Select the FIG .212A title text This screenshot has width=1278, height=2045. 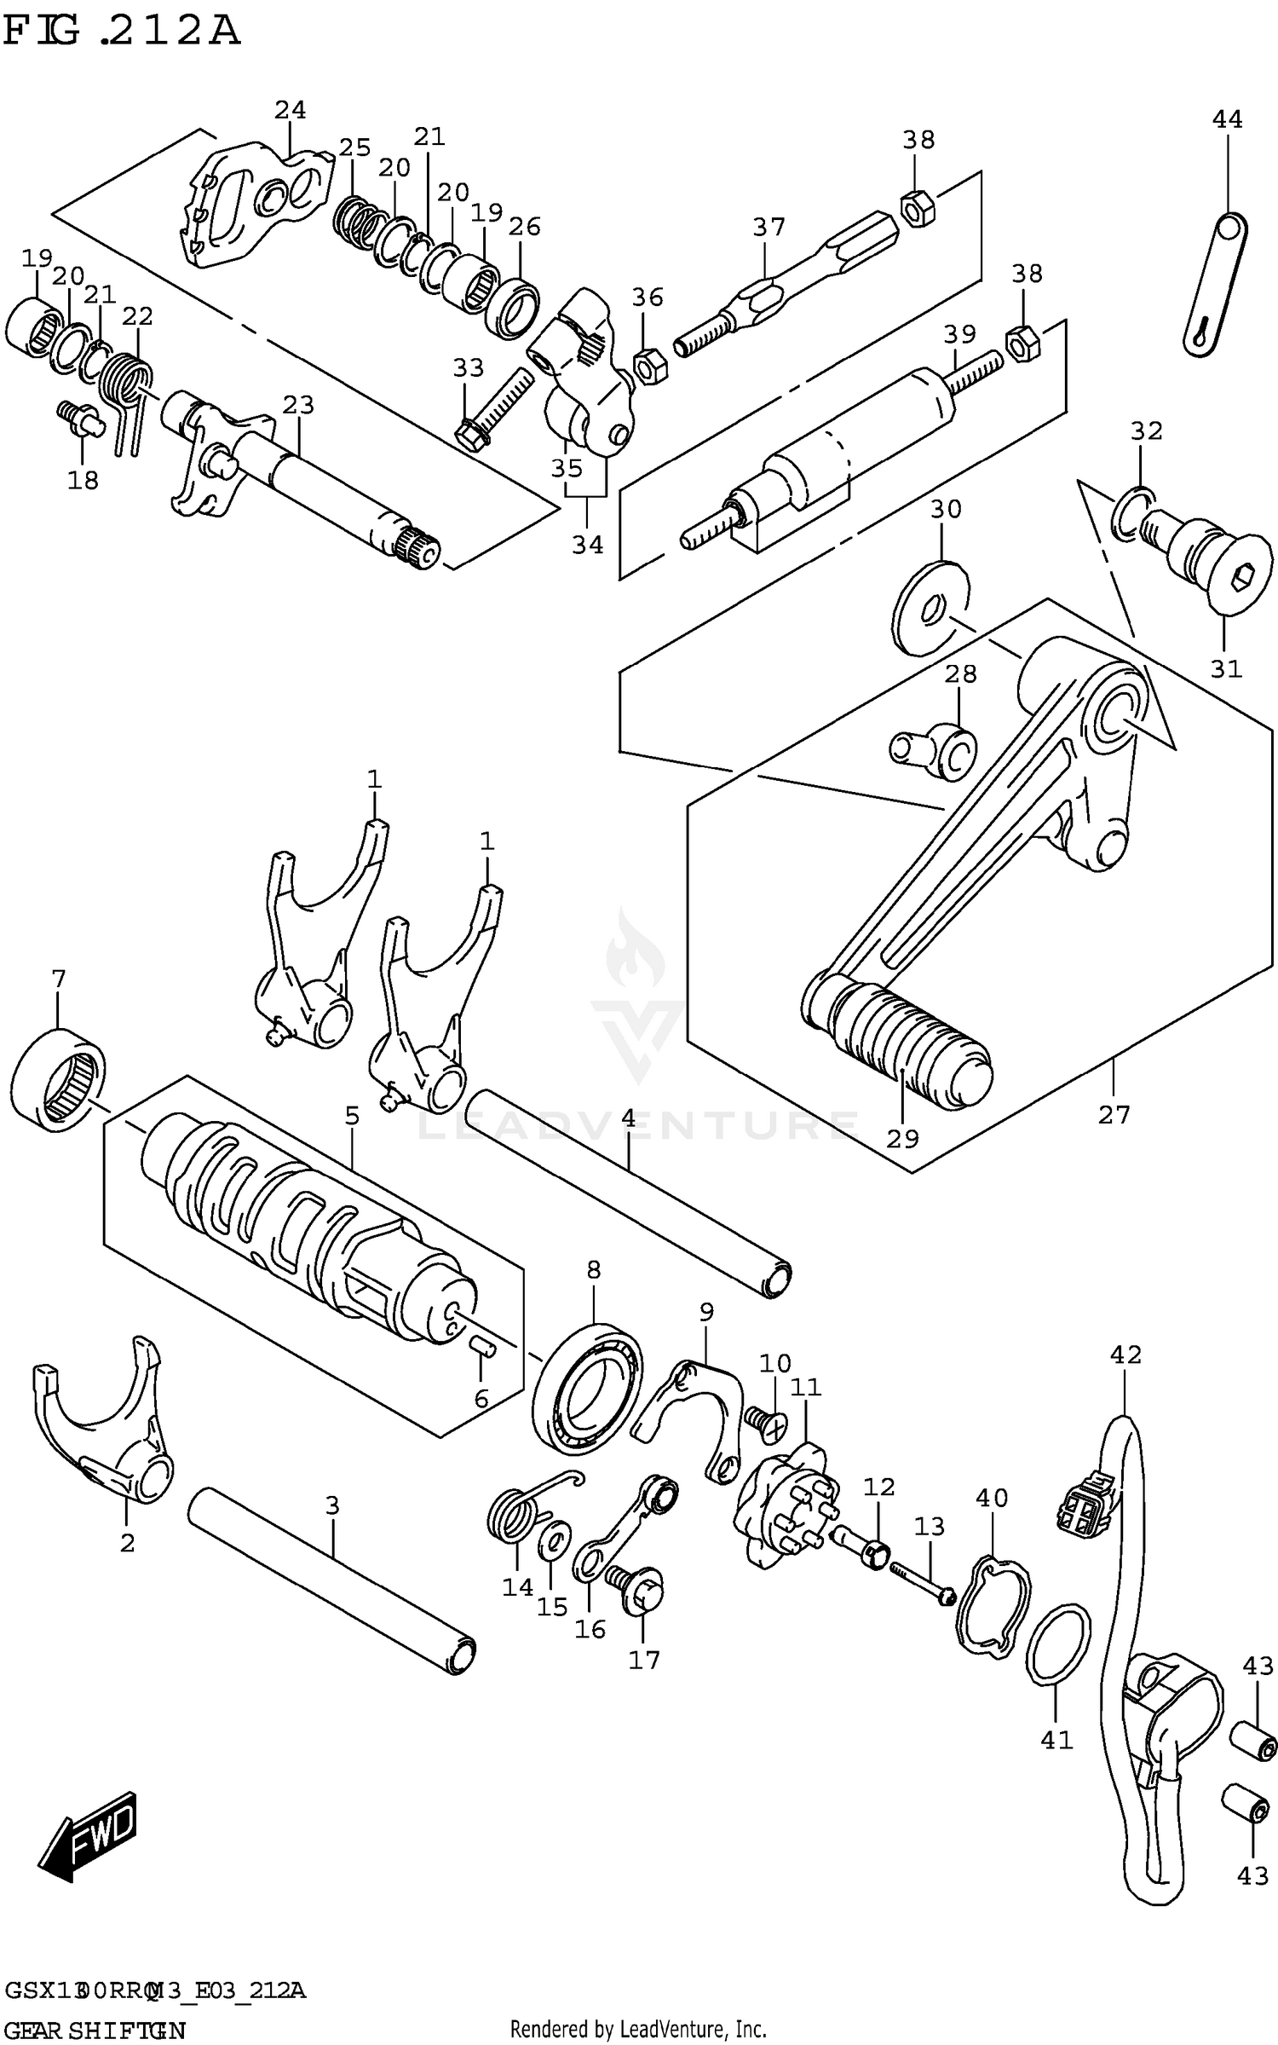pyautogui.click(x=121, y=32)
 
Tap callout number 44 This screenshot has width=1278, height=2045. pyautogui.click(x=1227, y=119)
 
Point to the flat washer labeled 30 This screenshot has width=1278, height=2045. pyautogui.click(x=931, y=608)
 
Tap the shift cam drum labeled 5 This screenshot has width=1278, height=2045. pyautogui.click(x=307, y=1210)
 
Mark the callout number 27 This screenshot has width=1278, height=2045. pyautogui.click(x=1113, y=1115)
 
